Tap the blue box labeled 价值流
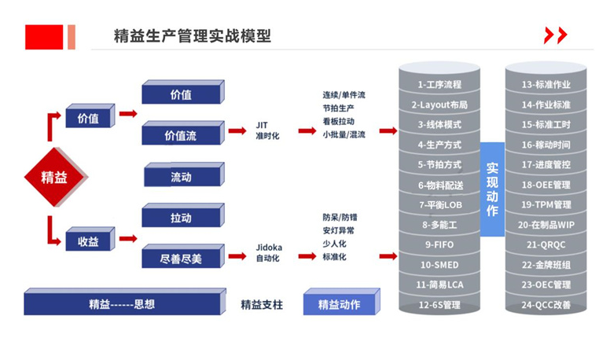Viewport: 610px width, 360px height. (x=180, y=135)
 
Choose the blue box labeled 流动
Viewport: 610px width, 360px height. (x=180, y=177)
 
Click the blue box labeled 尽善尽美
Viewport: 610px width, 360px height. (x=180, y=258)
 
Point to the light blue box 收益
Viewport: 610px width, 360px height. (x=88, y=241)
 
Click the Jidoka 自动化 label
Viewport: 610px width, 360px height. (x=269, y=252)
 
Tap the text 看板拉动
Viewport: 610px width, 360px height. (x=338, y=121)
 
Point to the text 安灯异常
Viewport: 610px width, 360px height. (x=338, y=230)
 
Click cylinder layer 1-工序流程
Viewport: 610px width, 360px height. (x=439, y=84)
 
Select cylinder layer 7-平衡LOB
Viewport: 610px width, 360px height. (x=439, y=204)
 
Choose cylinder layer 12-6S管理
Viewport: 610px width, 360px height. (x=439, y=304)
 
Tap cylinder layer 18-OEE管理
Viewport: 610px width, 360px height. (x=546, y=185)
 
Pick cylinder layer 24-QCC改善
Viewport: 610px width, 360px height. (x=546, y=304)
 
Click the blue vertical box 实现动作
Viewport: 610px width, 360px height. (x=492, y=189)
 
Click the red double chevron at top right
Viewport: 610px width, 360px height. (x=555, y=35)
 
